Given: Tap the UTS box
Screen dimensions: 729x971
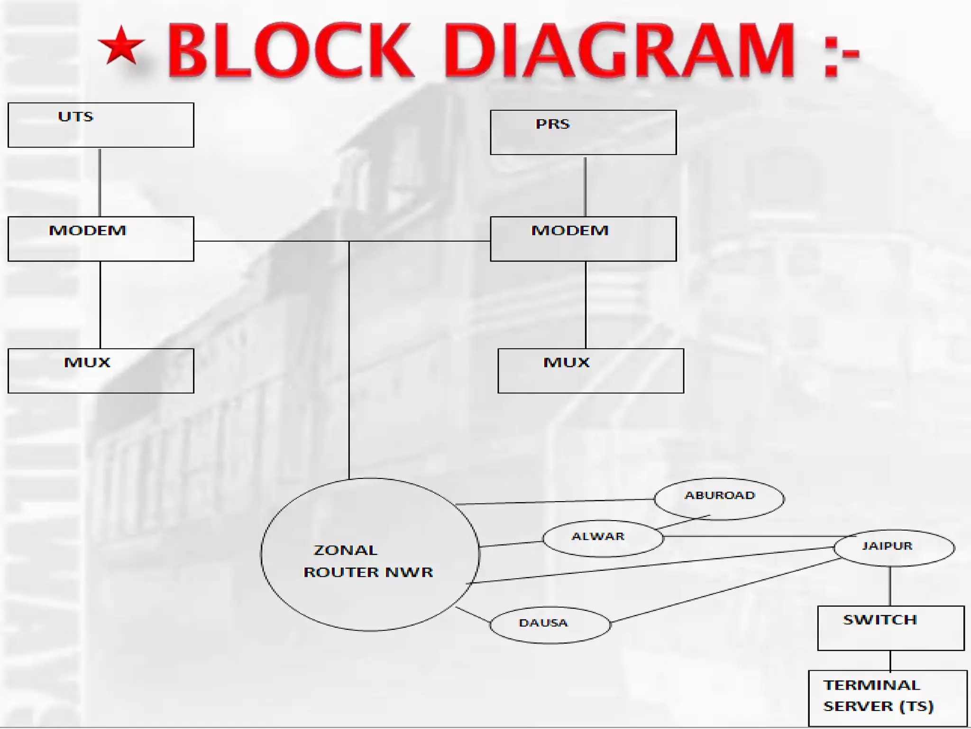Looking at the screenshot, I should (x=101, y=125).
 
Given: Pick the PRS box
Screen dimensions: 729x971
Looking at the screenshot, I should (x=583, y=132).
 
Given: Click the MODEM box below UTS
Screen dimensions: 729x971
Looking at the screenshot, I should (x=101, y=239).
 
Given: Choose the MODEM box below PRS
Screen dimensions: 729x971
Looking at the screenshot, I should (x=583, y=239).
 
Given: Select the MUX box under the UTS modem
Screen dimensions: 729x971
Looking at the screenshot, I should (x=101, y=371).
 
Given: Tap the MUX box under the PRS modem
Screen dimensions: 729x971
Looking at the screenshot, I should (x=591, y=371).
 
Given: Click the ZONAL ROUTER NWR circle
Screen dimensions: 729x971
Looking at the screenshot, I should (x=370, y=554).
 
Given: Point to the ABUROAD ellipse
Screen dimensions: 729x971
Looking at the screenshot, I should (x=719, y=498).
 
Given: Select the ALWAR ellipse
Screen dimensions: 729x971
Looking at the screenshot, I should (x=603, y=538).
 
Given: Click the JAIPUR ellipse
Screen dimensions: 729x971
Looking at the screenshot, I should (x=894, y=548).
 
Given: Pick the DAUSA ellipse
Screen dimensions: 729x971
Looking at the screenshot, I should (x=550, y=625).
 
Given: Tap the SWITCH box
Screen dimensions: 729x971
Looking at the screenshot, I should (x=891, y=628).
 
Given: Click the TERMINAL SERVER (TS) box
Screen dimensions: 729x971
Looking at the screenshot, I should (x=888, y=697).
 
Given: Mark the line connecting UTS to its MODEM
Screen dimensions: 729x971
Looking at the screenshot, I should (x=100, y=182).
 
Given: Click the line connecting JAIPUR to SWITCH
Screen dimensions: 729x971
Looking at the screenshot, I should (x=890, y=586).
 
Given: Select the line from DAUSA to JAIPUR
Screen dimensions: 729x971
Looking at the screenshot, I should (x=725, y=590).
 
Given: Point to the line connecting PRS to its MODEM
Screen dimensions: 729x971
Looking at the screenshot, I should (x=585, y=186).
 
